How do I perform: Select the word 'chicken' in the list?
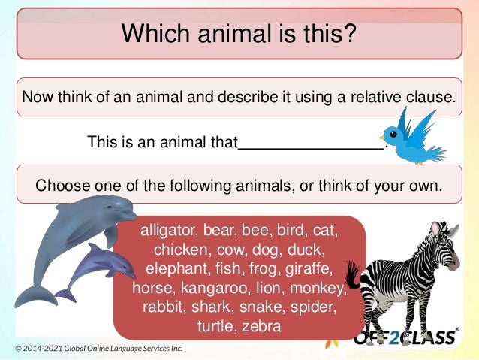180,248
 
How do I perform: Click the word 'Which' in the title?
152,32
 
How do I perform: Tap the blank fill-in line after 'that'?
310,142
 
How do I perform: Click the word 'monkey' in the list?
315,287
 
